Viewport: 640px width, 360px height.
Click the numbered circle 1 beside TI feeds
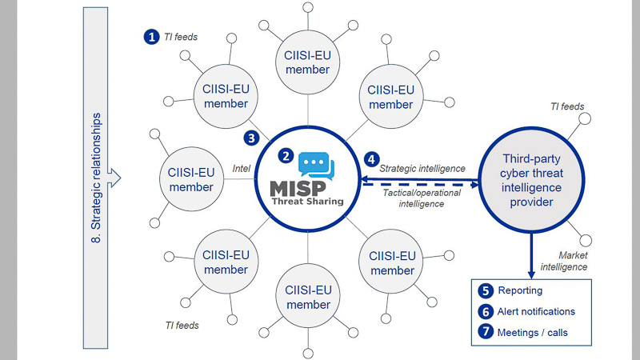tap(150, 36)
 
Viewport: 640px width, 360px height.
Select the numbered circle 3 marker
tap(251, 138)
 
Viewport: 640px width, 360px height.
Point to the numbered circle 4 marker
tap(370, 159)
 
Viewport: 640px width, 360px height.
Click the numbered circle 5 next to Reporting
tap(486, 291)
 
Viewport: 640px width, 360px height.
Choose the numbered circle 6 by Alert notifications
tap(486, 312)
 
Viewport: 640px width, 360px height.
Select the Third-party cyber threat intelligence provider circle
tap(530, 180)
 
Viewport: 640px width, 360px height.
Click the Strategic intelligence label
tap(422, 168)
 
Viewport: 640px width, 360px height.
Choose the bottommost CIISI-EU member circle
tap(307, 297)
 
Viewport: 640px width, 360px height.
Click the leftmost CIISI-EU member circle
tap(191, 180)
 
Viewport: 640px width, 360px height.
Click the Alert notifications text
tap(536, 312)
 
